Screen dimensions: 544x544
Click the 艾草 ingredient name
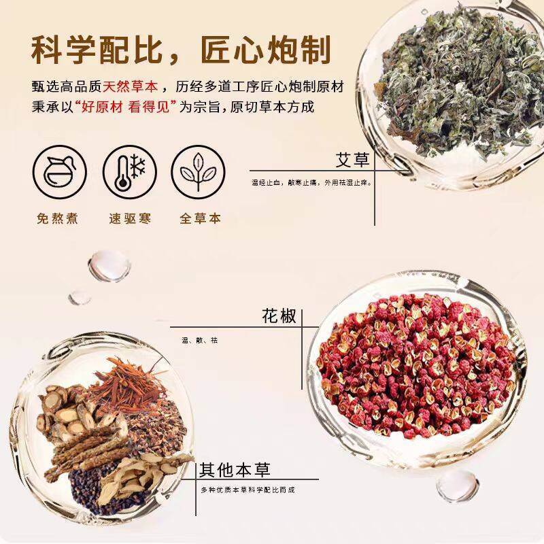tap(353, 160)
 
